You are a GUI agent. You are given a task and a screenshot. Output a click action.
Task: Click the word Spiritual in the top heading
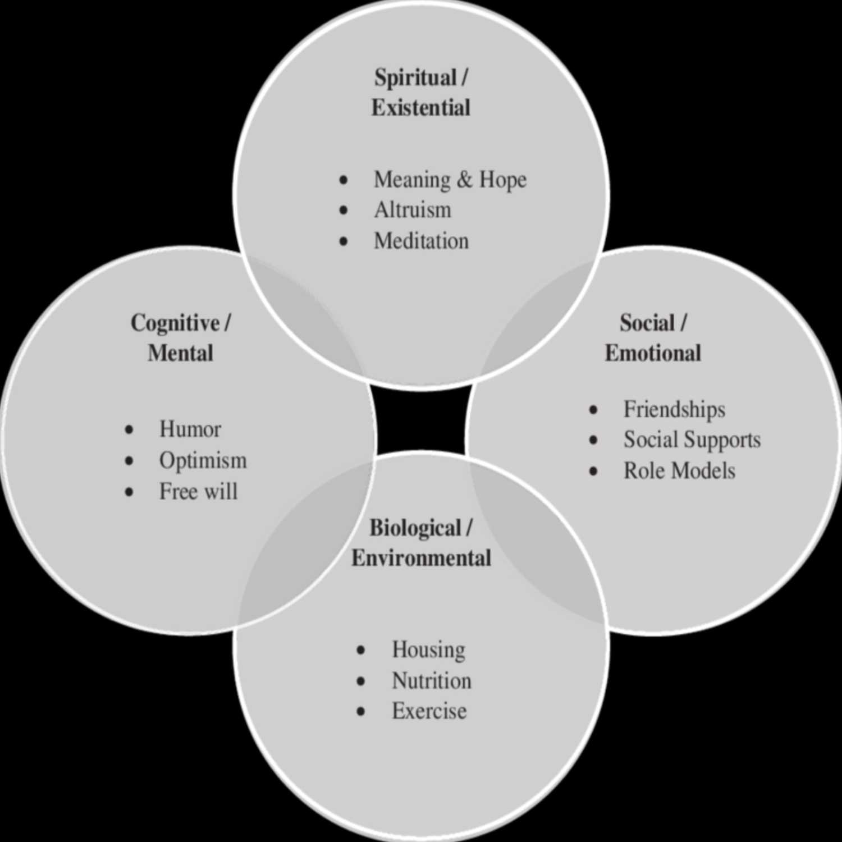coord(415,78)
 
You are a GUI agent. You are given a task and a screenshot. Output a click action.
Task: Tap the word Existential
coord(421,107)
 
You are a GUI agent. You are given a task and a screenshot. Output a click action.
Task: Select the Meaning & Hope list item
coord(450,180)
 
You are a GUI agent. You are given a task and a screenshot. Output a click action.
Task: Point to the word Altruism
coord(413,210)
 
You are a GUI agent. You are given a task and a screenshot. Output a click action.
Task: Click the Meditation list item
coord(421,241)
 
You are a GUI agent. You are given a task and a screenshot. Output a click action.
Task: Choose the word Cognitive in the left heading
coord(175,323)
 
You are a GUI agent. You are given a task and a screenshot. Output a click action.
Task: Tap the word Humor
coord(190,429)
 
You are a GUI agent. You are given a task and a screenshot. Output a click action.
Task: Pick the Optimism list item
coord(203,461)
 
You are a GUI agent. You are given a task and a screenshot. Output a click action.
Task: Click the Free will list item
coord(199,491)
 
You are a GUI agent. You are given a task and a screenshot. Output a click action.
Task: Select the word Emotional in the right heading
coord(653,353)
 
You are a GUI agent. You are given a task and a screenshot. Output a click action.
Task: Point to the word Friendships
coord(674,410)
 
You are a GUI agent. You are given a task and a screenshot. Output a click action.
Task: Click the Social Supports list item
coord(692,440)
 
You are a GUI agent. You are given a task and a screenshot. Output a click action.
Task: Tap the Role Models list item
coord(679,470)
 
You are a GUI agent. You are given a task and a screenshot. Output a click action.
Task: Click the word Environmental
coord(421,558)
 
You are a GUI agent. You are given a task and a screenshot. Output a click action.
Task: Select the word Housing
coord(428,650)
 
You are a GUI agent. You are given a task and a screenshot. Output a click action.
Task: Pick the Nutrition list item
coord(432,680)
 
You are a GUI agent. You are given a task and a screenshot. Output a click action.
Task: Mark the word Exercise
coord(429,711)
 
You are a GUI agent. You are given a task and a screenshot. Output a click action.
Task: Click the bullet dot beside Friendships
coord(593,410)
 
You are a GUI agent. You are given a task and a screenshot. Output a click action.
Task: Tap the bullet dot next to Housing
coord(361,651)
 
